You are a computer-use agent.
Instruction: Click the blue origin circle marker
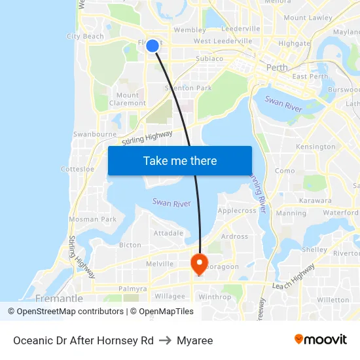click(x=152, y=45)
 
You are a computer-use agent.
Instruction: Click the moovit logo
click(x=321, y=339)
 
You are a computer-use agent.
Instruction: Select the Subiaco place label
click(x=209, y=58)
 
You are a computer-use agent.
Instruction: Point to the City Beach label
click(x=85, y=37)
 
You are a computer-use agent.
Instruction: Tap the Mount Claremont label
click(x=128, y=99)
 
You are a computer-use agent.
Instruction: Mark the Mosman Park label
click(x=92, y=219)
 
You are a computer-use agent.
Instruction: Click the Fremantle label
click(x=59, y=298)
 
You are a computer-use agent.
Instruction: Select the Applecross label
click(x=236, y=211)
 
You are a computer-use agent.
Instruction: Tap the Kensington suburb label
click(x=315, y=147)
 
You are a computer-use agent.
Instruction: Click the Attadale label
click(x=168, y=233)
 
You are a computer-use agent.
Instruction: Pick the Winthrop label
click(x=215, y=297)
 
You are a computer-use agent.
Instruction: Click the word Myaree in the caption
click(x=195, y=340)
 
